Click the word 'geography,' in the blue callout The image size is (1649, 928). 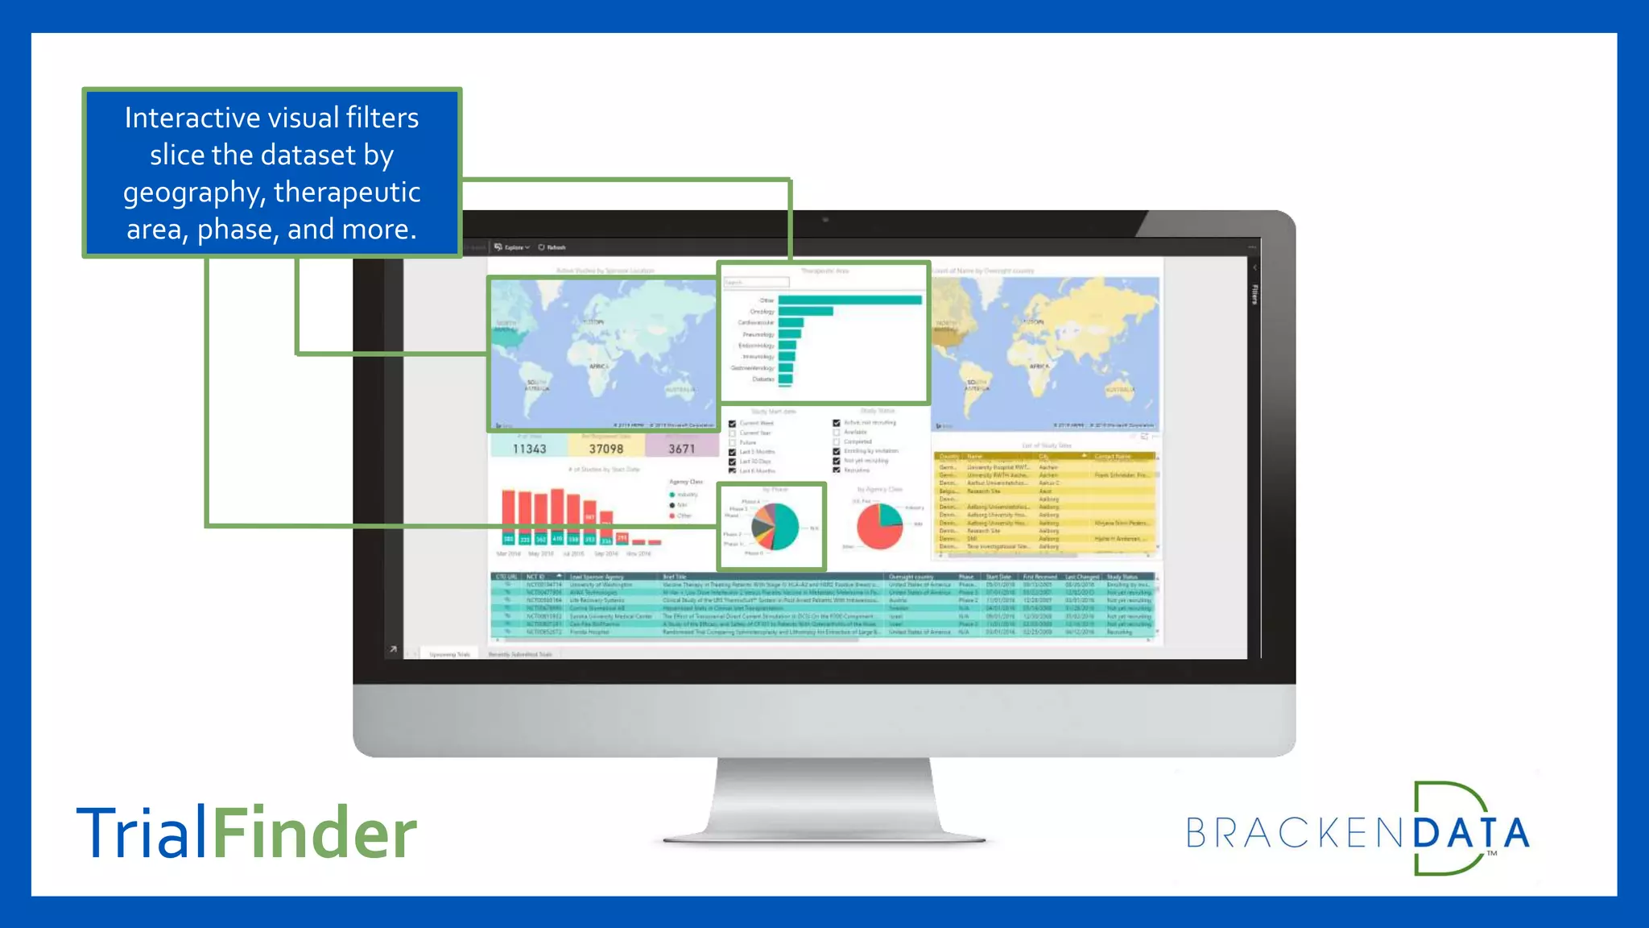[x=194, y=193]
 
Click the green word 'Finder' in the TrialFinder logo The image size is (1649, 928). [x=314, y=832]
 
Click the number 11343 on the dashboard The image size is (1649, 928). [x=529, y=449]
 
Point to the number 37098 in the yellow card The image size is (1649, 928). [x=605, y=449]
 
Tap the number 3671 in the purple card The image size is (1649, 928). [x=681, y=449]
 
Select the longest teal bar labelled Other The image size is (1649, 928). [x=849, y=300]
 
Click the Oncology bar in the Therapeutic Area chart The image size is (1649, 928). [x=805, y=311]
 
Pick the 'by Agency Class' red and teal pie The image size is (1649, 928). [x=879, y=526]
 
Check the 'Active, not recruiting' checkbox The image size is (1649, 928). [x=837, y=423]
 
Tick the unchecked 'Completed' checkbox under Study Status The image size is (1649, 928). [x=837, y=441]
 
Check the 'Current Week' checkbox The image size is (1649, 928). [x=732, y=424]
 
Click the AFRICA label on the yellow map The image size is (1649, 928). [x=1039, y=367]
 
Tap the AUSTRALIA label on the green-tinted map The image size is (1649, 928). [x=680, y=389]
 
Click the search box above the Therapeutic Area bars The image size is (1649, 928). [x=756, y=282]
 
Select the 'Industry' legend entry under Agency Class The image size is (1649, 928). [x=686, y=495]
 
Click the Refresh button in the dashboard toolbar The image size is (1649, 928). [x=552, y=247]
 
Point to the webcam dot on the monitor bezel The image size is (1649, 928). [x=825, y=219]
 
